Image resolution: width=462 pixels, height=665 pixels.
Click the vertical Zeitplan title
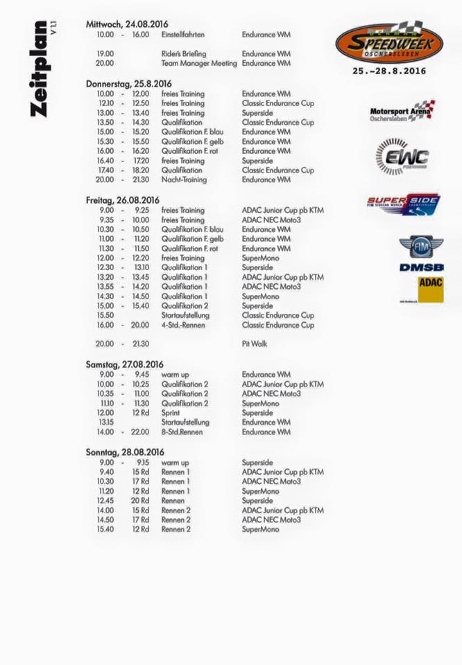point(40,69)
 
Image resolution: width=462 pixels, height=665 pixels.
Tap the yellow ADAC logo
point(430,289)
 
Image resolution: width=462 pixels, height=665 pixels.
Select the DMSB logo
point(421,267)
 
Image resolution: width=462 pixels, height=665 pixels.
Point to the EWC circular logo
point(402,157)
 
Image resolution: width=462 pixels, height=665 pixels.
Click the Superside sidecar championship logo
point(403,204)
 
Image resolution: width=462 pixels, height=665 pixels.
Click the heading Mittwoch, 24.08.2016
point(127,24)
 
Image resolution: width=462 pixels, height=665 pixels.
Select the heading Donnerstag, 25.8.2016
point(128,83)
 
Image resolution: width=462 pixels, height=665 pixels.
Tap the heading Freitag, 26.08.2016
point(123,200)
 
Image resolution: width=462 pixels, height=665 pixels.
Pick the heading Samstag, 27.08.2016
point(125,364)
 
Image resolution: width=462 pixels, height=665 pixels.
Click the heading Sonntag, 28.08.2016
point(125,452)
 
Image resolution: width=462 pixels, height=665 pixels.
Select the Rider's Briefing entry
point(184,53)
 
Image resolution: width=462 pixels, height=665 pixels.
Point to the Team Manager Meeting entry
point(199,63)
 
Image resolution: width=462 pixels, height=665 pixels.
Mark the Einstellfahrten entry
point(182,34)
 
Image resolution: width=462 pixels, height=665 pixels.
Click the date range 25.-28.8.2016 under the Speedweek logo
point(388,71)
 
